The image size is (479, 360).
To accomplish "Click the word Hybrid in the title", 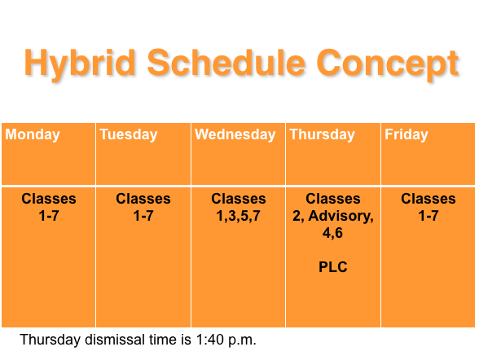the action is (80, 64).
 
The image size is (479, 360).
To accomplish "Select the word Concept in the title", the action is (388, 64).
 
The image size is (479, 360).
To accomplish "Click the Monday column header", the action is (33, 135).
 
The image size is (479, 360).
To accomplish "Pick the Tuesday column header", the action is (129, 135).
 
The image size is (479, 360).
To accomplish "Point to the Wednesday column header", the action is (235, 135).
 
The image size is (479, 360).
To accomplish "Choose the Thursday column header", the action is (323, 135).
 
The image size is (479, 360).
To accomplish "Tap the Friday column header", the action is (406, 135).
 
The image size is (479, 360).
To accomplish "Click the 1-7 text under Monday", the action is (49, 216).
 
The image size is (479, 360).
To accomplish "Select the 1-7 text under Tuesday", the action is (143, 216).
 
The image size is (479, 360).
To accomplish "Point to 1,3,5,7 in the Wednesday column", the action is (238, 216).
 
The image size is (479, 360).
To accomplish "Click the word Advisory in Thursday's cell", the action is (341, 217).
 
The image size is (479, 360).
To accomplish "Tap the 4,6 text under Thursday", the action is (332, 233).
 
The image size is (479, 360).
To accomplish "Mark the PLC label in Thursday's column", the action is (333, 267).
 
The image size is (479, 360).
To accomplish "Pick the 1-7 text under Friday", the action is (428, 216).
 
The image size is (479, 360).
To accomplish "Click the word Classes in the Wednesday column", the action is (239, 199).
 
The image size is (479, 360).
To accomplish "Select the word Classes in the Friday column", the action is (428, 199).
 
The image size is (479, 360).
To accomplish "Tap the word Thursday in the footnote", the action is (51, 340).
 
